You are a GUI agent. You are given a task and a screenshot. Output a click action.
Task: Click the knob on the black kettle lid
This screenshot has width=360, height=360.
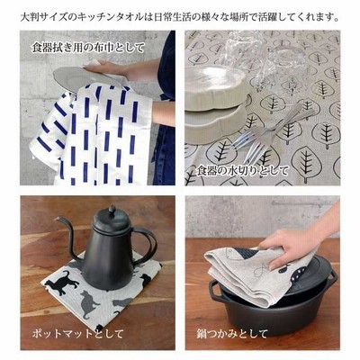112,210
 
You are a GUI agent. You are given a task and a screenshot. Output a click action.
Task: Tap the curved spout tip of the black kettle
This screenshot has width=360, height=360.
58,219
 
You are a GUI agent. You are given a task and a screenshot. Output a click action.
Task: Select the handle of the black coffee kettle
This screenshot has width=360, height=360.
147,245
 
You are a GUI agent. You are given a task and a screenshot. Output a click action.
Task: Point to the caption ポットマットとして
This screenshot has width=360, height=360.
77,334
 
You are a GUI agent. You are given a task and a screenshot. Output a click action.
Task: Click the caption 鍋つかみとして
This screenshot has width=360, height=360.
232,334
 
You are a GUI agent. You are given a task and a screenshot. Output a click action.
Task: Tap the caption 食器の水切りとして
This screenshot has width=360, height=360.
242,171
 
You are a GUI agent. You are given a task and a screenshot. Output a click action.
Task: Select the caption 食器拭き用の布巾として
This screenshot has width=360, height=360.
88,48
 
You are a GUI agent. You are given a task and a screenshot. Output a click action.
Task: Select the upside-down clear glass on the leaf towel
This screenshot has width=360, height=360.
264,60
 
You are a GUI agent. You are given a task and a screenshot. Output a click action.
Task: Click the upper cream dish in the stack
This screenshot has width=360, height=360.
215,87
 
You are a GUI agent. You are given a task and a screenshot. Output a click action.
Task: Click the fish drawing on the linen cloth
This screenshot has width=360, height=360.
260,270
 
